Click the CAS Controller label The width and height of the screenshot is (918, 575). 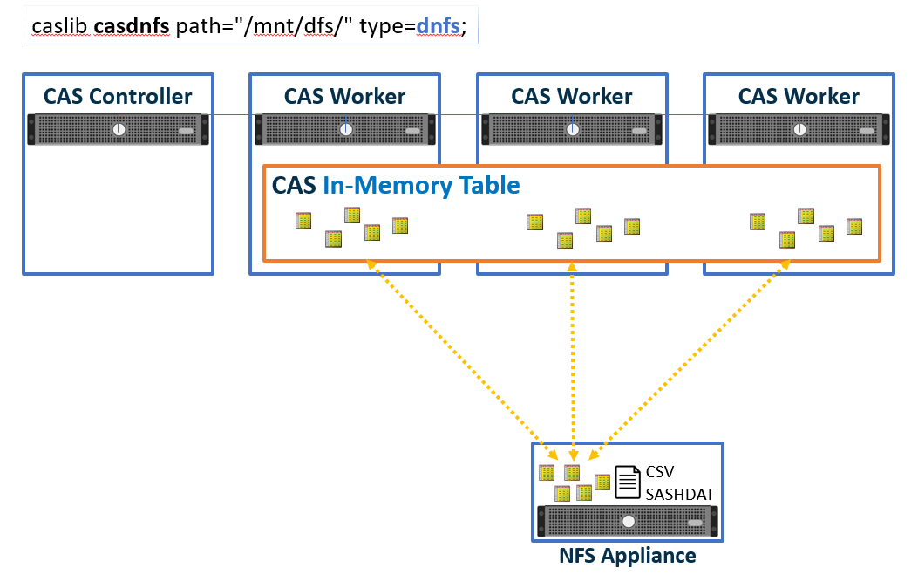click(x=118, y=96)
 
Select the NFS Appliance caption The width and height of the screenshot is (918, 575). click(x=628, y=555)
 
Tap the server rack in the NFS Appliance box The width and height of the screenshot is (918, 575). click(x=628, y=522)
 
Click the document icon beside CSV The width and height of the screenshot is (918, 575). click(x=628, y=481)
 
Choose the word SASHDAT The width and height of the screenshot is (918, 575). click(x=680, y=494)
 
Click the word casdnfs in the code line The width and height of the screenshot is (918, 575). click(x=131, y=26)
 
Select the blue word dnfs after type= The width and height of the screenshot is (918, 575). click(x=439, y=26)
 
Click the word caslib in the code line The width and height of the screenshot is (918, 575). click(x=59, y=26)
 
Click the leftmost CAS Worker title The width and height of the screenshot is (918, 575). click(x=345, y=96)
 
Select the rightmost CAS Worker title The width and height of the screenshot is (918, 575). click(x=799, y=96)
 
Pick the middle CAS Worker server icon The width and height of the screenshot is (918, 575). click(x=573, y=130)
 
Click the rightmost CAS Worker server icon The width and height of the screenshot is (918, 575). click(x=799, y=130)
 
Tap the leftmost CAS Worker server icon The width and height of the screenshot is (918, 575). click(x=346, y=130)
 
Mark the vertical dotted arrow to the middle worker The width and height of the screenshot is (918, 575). click(x=573, y=358)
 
